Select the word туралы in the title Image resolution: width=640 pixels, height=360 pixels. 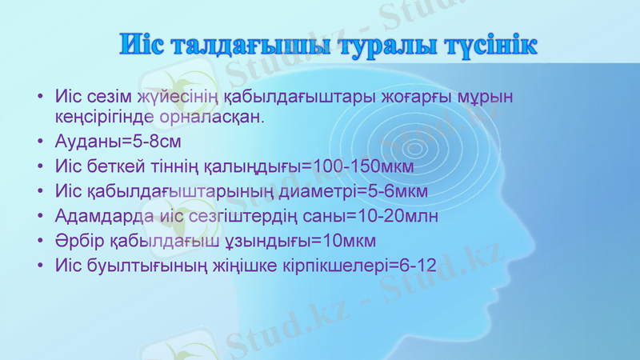[x=380, y=46]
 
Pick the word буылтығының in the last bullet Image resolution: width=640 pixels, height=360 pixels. [x=152, y=264]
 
